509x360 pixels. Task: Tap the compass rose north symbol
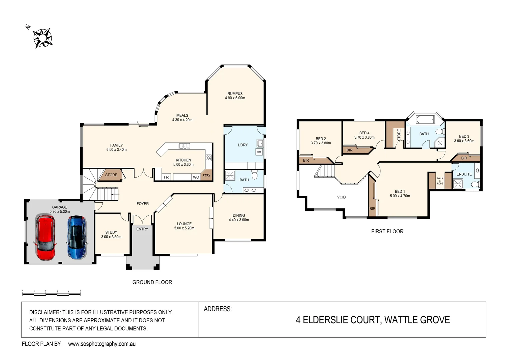pyautogui.click(x=42, y=38)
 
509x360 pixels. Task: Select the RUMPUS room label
pyautogui.click(x=235, y=94)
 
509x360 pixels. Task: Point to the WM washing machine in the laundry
pyautogui.click(x=259, y=152)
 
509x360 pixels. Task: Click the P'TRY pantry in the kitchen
pyautogui.click(x=207, y=175)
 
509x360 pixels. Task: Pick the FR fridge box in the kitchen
pyautogui.click(x=166, y=177)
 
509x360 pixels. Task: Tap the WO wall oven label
pyautogui.click(x=196, y=177)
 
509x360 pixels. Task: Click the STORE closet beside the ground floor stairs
pyautogui.click(x=111, y=175)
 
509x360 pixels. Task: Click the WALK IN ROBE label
pyautogui.click(x=440, y=181)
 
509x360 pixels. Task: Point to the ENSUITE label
pyautogui.click(x=464, y=174)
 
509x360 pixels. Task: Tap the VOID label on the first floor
pyautogui.click(x=341, y=197)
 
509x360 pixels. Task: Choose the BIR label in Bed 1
pyautogui.click(x=372, y=209)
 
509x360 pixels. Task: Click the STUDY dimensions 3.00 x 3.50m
pyautogui.click(x=111, y=237)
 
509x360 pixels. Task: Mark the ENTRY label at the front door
pyautogui.click(x=142, y=229)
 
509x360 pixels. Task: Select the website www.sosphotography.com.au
pyautogui.click(x=102, y=344)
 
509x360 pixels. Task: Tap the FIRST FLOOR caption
pyautogui.click(x=387, y=231)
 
